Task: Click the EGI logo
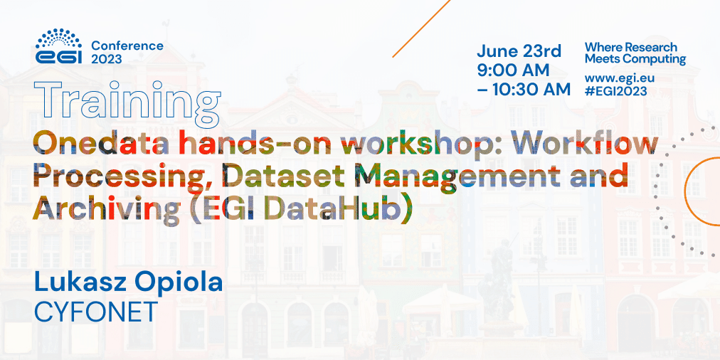point(59,46)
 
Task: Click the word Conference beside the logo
point(127,46)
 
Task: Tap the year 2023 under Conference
point(107,59)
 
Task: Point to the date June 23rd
point(519,51)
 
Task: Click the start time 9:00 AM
point(513,70)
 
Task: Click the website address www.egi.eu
point(620,78)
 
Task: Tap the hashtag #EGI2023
point(615,91)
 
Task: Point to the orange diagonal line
point(421,28)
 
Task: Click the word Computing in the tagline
point(648,59)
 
